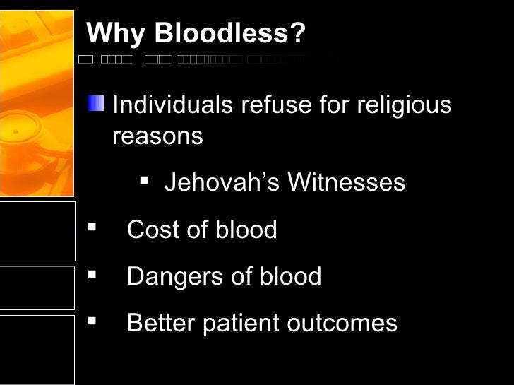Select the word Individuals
coord(173,105)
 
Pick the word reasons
coord(157,136)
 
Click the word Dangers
coord(170,276)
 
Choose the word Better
coord(160,323)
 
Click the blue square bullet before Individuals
coord(96,105)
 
